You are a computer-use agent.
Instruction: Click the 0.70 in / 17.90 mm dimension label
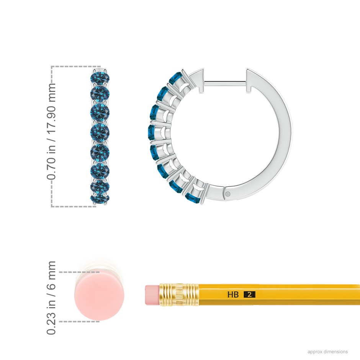coord(51,131)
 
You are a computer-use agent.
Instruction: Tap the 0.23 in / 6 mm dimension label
coord(51,298)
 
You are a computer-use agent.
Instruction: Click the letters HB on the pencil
coord(233,295)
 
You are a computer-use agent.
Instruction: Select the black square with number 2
coord(249,295)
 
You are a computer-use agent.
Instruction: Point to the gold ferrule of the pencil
coord(179,295)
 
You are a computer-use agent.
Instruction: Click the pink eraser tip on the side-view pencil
coord(152,295)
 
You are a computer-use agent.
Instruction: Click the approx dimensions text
coord(327,352)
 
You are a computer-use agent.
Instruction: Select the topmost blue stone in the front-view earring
coord(100,78)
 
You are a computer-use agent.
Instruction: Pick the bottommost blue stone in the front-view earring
coord(100,198)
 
